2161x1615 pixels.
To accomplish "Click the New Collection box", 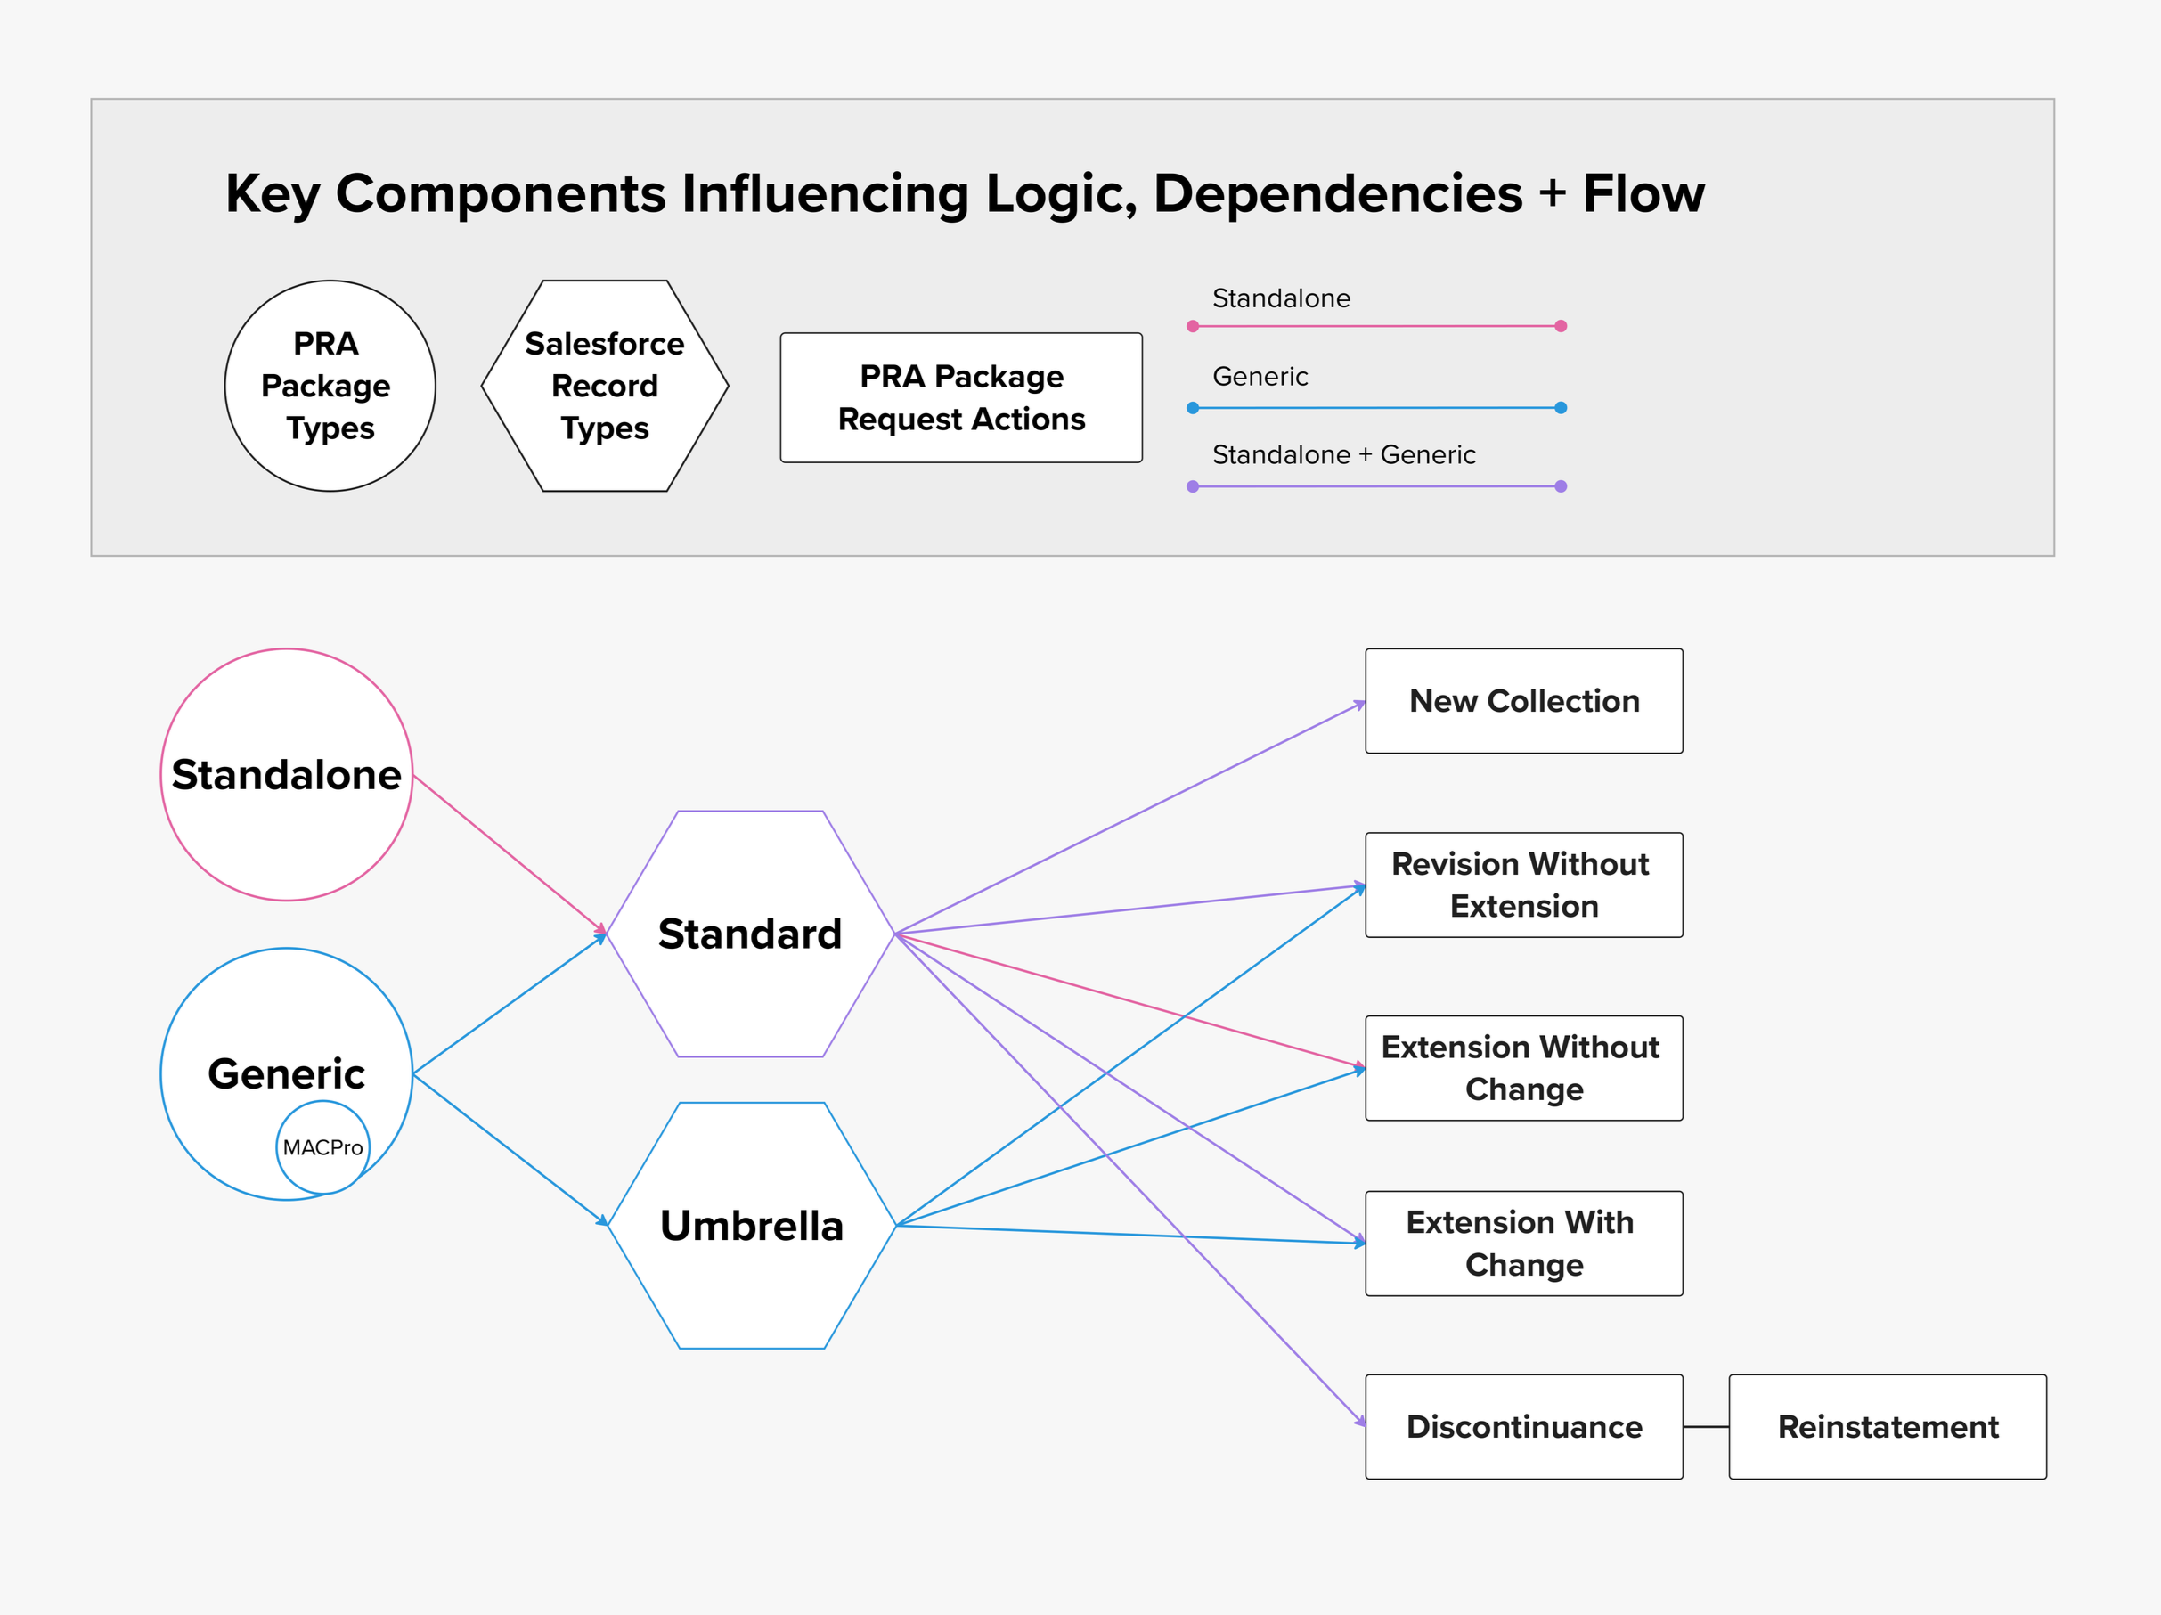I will pos(1523,700).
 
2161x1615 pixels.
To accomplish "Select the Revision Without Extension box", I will pos(1523,885).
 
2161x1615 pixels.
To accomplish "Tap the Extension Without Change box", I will pos(1523,1067).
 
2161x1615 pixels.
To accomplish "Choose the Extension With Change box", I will pos(1523,1243).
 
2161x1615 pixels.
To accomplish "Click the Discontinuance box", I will pos(1523,1426).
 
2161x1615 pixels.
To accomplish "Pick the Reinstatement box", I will pos(1887,1426).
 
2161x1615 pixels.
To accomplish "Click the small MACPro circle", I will pos(322,1147).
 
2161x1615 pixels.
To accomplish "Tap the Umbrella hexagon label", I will pos(751,1225).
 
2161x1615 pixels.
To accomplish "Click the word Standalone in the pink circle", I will pos(286,775).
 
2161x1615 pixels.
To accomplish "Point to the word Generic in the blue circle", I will pos(286,1073).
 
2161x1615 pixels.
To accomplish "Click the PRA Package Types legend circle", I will pos(330,386).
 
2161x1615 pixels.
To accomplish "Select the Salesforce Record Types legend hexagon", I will pos(605,386).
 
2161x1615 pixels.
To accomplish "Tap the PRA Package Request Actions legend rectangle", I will pos(961,397).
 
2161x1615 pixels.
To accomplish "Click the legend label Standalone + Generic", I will pos(1343,454).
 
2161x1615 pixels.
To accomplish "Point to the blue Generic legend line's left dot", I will pos(1193,407).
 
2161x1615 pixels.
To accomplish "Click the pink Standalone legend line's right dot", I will pos(1561,325).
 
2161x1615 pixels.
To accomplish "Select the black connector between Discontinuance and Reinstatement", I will pos(1706,1426).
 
